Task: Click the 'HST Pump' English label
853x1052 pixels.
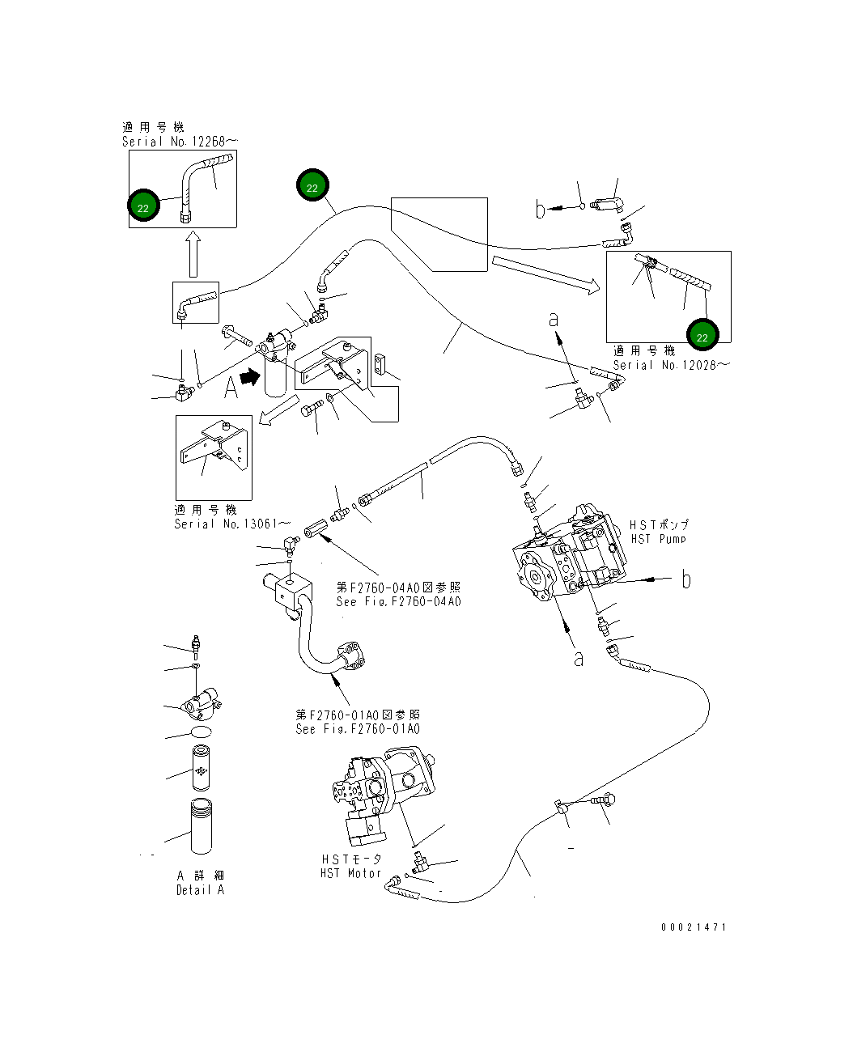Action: pos(658,539)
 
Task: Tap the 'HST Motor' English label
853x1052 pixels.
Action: pos(350,873)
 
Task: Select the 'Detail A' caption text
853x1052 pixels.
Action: pos(200,890)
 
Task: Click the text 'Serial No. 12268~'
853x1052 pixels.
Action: pos(180,142)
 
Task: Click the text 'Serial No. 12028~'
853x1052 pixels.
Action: pos(670,365)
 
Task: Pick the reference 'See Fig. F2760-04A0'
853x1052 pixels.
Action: pos(398,601)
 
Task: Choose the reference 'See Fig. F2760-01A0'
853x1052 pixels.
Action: pos(358,729)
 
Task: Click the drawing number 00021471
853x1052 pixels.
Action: pos(694,927)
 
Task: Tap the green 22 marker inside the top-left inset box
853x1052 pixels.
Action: pos(143,207)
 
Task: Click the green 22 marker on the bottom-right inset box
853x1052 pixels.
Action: pos(702,337)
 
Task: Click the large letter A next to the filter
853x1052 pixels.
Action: pos(231,388)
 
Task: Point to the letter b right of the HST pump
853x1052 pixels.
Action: pos(686,579)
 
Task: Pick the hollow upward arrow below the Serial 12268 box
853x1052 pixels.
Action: pos(193,255)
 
